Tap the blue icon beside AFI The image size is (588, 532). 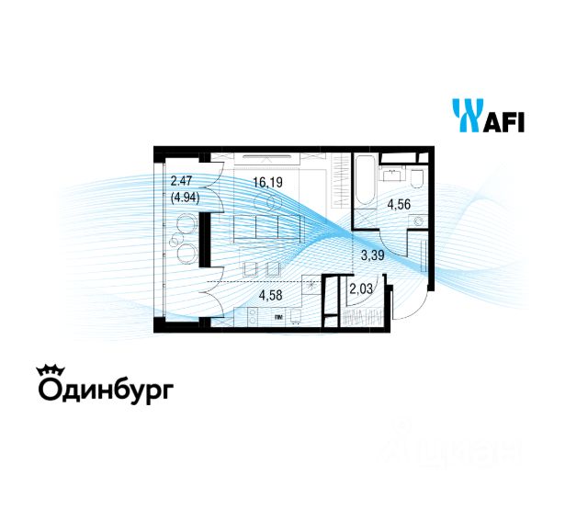coord(466,116)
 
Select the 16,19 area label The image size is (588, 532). coord(267,182)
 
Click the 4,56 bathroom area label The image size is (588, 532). coord(398,205)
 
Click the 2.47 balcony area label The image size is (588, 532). coord(180,182)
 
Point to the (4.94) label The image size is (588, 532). coord(186,196)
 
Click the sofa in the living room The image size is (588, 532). coord(266,226)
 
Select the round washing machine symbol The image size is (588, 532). coord(419,221)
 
